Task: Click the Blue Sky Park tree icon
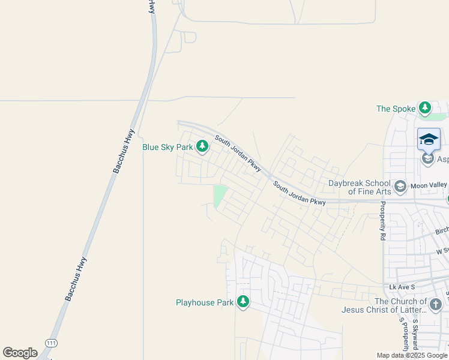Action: [x=203, y=146]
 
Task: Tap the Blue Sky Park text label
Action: [x=167, y=146]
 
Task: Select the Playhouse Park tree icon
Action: [x=243, y=302]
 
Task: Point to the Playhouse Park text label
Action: [x=204, y=302]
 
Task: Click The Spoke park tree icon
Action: [x=425, y=108]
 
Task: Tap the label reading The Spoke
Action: [x=396, y=109]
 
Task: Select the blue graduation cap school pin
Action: [x=429, y=139]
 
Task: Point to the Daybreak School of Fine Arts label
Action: [x=360, y=187]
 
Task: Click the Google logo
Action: [x=20, y=353]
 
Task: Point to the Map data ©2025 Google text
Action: [x=412, y=355]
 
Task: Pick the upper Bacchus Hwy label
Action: [x=123, y=152]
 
